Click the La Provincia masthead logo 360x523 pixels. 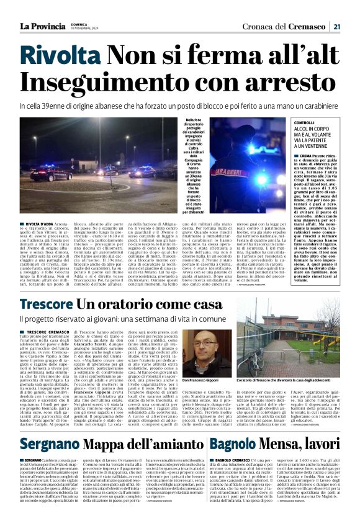tap(41, 25)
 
